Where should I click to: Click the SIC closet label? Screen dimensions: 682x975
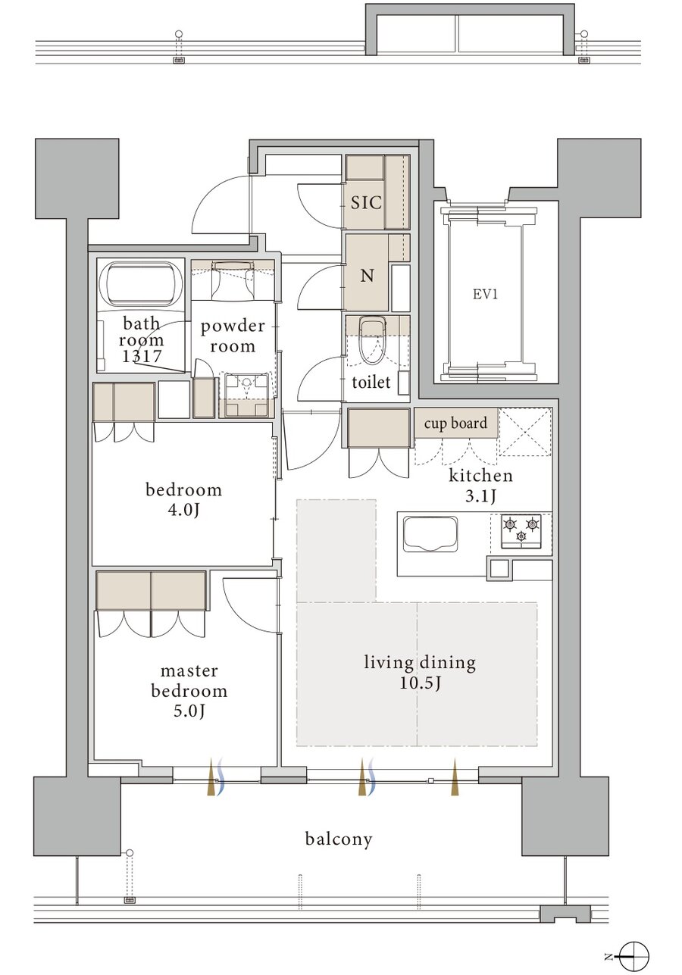click(366, 202)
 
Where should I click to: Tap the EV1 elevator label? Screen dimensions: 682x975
click(485, 295)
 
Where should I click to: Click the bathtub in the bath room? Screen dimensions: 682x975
click(139, 283)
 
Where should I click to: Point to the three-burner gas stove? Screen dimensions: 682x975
click(521, 531)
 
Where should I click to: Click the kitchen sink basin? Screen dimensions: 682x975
click(430, 534)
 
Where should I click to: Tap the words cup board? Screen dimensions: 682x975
click(455, 423)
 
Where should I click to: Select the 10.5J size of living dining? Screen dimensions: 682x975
click(421, 683)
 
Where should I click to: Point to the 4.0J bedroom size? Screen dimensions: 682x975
click(183, 510)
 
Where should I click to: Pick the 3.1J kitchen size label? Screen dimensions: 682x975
click(480, 495)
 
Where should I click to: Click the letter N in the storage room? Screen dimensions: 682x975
click(368, 275)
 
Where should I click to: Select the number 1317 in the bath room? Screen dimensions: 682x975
click(142, 357)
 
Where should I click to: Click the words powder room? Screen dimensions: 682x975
click(233, 336)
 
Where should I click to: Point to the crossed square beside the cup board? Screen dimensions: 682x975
click(525, 431)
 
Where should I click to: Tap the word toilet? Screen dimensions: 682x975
click(371, 382)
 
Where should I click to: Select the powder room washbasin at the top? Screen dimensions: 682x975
click(232, 280)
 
